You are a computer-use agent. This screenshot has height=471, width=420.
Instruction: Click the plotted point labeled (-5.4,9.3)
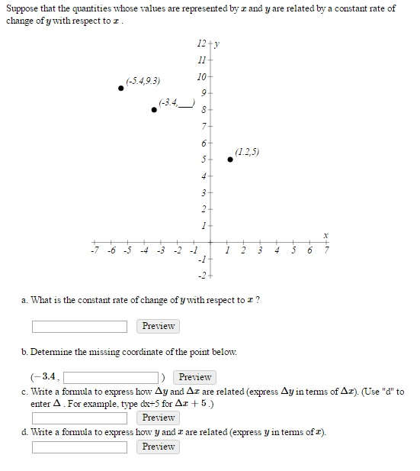pos(121,89)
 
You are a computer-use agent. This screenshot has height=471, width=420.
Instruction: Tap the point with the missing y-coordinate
pos(155,109)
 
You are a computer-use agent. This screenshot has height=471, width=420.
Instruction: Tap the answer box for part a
pos(79,327)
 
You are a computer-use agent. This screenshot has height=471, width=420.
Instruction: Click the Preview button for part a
pos(159,327)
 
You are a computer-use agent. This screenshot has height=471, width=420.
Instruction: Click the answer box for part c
pos(79,418)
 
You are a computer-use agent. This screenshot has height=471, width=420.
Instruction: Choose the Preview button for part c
pos(159,418)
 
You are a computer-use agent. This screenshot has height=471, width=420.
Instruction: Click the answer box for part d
pos(79,447)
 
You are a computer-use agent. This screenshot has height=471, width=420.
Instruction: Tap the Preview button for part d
pos(159,447)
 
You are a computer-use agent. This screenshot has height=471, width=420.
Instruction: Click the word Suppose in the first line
pos(24,8)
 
